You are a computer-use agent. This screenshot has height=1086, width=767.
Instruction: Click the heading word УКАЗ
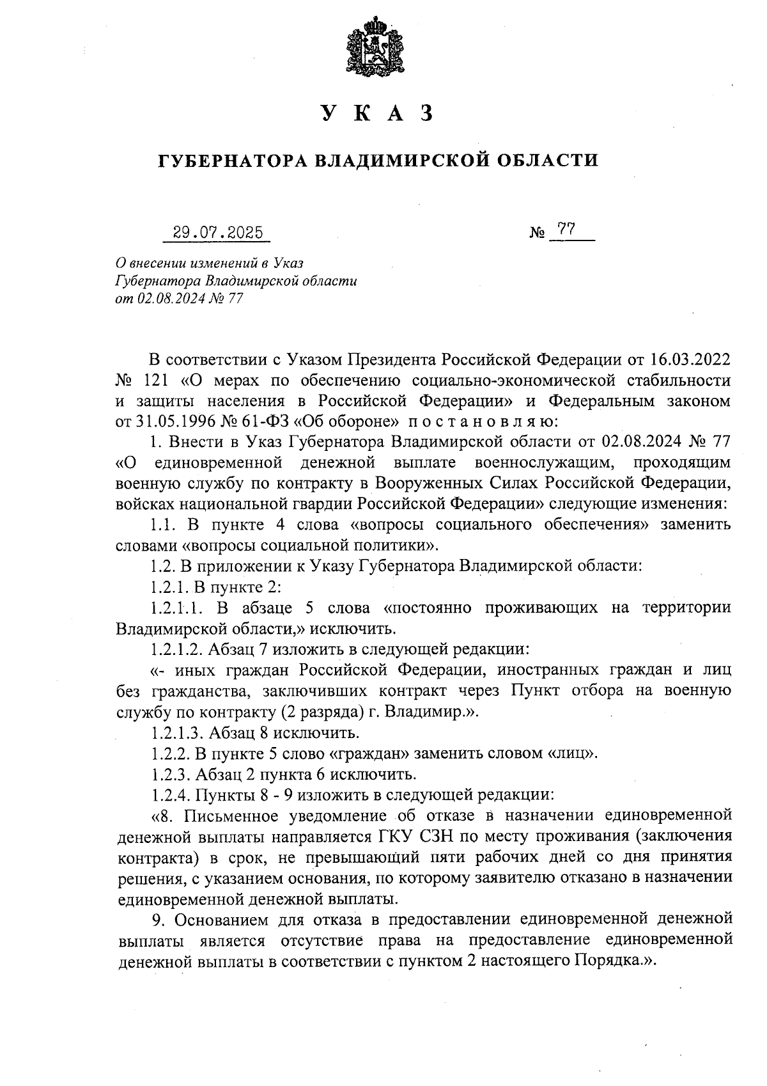coord(377,113)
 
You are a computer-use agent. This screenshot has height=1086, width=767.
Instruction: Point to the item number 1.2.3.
coord(170,774)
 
